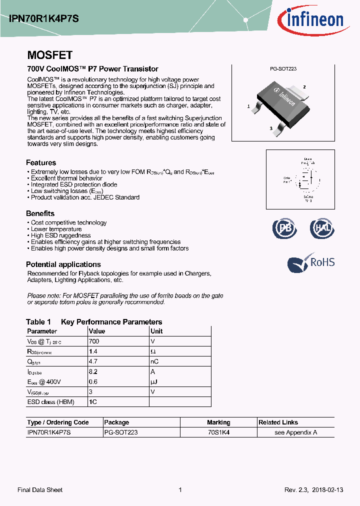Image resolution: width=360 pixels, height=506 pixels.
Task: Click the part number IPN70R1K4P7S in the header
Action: click(x=44, y=18)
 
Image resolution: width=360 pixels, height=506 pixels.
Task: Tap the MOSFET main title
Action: click(x=49, y=55)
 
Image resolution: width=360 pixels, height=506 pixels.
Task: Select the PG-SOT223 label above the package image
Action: click(x=283, y=69)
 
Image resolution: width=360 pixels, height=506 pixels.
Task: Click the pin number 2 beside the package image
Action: click(x=304, y=87)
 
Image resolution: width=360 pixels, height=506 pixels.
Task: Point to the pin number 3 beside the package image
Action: click(x=270, y=128)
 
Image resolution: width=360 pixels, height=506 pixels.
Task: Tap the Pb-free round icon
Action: click(x=284, y=228)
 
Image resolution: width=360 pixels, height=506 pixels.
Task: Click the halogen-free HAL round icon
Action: click(x=321, y=228)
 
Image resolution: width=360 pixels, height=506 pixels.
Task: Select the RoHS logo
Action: click(x=310, y=262)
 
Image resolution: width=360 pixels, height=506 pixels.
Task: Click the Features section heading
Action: click(x=41, y=162)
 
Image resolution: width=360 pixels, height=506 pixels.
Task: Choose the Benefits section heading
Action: click(x=40, y=213)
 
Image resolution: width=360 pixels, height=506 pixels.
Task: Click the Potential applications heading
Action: click(x=63, y=264)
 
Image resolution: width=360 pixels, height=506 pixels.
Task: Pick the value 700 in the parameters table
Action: click(x=94, y=341)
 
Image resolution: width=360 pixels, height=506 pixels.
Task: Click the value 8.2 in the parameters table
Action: click(x=93, y=372)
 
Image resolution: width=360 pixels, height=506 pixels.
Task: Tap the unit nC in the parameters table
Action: click(x=154, y=362)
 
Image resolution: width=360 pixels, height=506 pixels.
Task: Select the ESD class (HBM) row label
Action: click(x=47, y=402)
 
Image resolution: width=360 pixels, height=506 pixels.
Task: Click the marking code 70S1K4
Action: click(x=218, y=432)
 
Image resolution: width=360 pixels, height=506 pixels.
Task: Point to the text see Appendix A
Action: click(x=296, y=432)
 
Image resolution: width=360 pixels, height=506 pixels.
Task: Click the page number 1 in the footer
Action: click(x=180, y=490)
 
